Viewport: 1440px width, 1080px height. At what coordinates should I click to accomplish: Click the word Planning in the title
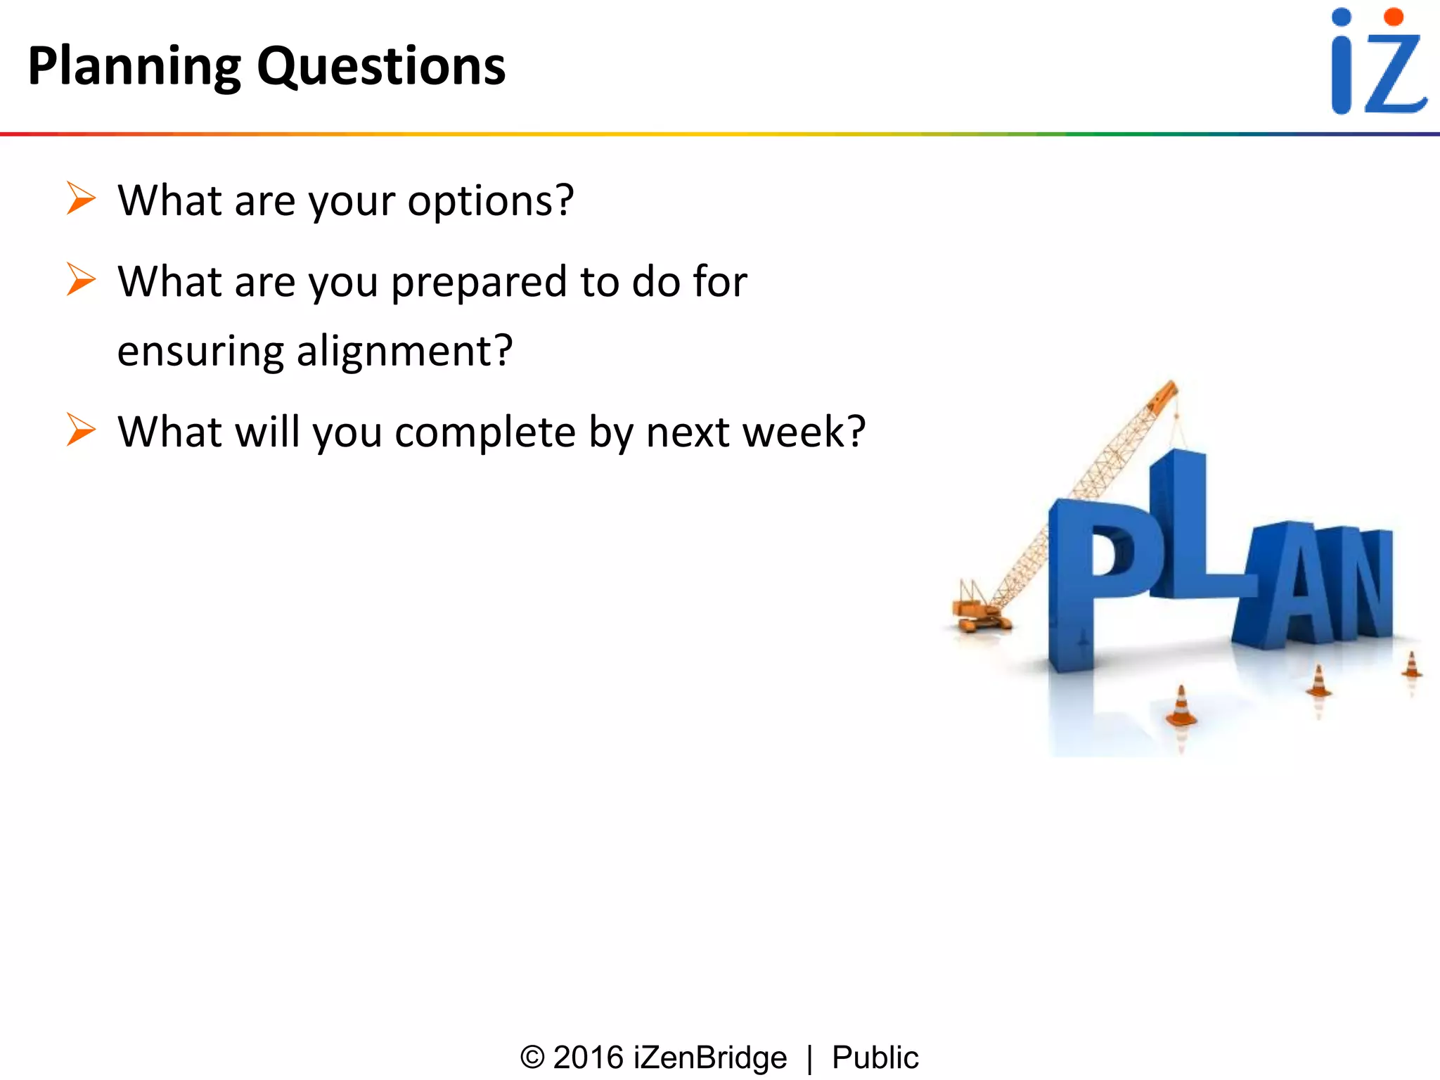[134, 67]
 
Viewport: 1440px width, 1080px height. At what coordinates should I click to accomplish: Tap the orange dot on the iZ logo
[1393, 18]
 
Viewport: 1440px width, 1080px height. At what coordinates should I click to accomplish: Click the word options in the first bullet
[490, 202]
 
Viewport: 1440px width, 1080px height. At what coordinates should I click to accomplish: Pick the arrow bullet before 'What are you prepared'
[81, 279]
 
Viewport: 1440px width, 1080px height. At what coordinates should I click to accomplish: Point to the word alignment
[404, 352]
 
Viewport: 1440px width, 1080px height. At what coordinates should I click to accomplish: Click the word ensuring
[200, 352]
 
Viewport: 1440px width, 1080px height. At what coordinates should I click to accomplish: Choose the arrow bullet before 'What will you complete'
[81, 430]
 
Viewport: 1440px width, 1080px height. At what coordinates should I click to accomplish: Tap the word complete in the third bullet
[485, 432]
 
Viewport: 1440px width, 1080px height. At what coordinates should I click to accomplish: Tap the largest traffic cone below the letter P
[1181, 707]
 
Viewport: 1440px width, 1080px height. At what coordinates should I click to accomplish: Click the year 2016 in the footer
[588, 1057]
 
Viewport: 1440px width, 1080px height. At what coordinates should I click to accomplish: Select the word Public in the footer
[875, 1057]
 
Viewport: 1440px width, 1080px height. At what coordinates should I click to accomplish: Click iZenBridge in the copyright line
[709, 1057]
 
